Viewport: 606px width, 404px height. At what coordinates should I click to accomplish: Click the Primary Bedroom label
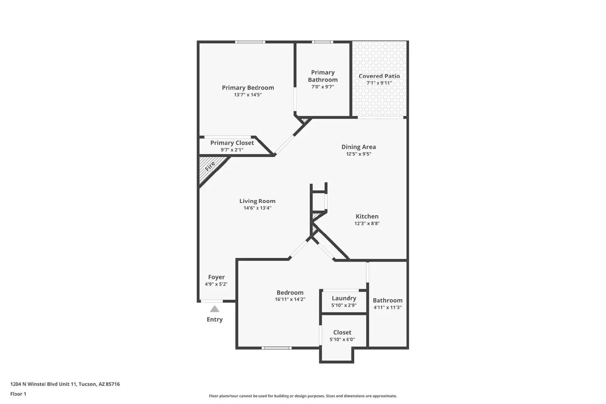(x=248, y=87)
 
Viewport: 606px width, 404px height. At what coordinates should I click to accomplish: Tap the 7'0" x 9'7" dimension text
(x=323, y=87)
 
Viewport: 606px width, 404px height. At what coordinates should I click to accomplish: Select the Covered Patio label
(x=379, y=76)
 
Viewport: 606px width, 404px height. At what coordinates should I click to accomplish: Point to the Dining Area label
(x=358, y=147)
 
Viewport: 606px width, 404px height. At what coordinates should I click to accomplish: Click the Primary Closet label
(x=232, y=143)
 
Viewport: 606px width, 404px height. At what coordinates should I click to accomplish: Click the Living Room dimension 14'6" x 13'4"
(x=257, y=208)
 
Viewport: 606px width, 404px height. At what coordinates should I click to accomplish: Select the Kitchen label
(x=367, y=216)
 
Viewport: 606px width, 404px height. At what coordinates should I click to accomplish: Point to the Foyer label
(x=216, y=277)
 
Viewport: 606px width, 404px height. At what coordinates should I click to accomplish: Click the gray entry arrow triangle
(x=214, y=309)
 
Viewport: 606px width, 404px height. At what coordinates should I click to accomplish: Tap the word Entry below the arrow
(x=214, y=319)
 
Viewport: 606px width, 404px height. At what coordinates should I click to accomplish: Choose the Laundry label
(x=344, y=298)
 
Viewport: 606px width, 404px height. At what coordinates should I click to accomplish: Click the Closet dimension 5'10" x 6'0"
(x=342, y=339)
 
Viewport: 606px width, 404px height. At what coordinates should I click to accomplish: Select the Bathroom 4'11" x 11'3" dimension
(x=387, y=307)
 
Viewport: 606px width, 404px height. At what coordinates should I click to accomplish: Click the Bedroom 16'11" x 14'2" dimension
(x=290, y=299)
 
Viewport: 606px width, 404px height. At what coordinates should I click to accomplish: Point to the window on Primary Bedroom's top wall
(x=250, y=42)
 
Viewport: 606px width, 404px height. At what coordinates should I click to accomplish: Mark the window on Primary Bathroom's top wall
(x=322, y=42)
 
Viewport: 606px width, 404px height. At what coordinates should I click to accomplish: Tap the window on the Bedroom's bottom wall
(x=276, y=348)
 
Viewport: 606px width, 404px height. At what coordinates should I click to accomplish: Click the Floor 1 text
(x=18, y=394)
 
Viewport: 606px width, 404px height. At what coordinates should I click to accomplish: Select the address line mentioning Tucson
(x=65, y=384)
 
